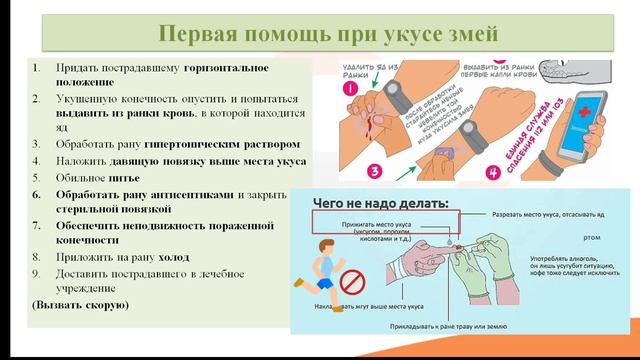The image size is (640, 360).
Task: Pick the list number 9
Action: [36, 272]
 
